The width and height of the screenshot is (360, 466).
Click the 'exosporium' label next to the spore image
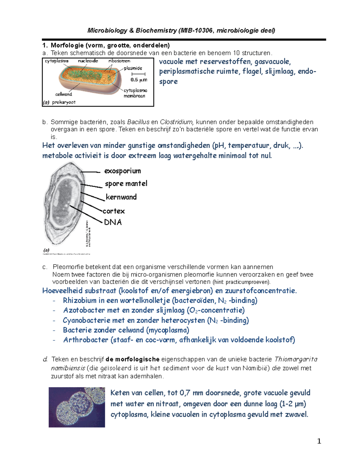coord(122,171)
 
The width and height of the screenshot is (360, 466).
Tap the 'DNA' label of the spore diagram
coord(113,222)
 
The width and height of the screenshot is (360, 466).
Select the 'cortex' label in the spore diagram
coord(114,211)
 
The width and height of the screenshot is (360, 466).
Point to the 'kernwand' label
coord(121,197)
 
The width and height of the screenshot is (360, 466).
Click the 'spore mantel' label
coord(126,184)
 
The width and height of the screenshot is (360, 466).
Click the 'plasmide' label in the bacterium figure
coord(133,68)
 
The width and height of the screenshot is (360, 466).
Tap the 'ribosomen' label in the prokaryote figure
coord(119,61)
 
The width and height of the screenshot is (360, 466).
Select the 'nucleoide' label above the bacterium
coord(88,61)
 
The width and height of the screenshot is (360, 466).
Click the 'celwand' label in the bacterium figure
coord(64,94)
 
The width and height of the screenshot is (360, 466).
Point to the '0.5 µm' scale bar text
coord(139,80)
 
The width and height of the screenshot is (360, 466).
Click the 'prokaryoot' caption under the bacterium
coord(64,102)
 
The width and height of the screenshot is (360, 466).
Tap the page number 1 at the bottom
coord(319,441)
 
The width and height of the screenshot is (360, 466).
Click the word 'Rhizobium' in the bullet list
coord(79,301)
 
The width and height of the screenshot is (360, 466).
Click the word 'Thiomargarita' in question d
coord(296,359)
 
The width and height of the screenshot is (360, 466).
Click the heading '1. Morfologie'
coord(63,46)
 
